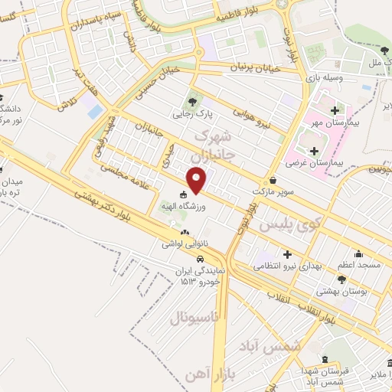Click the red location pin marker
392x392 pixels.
click(198, 181)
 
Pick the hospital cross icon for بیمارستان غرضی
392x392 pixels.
click(314, 150)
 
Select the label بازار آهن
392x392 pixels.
click(205, 374)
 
